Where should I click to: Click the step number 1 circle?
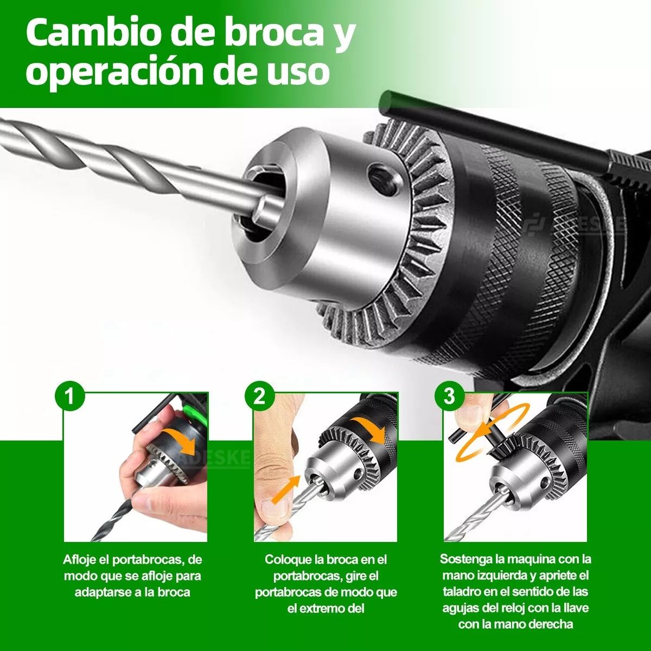click(69, 396)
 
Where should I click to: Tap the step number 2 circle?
click(259, 396)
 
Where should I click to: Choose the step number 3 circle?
click(449, 396)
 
